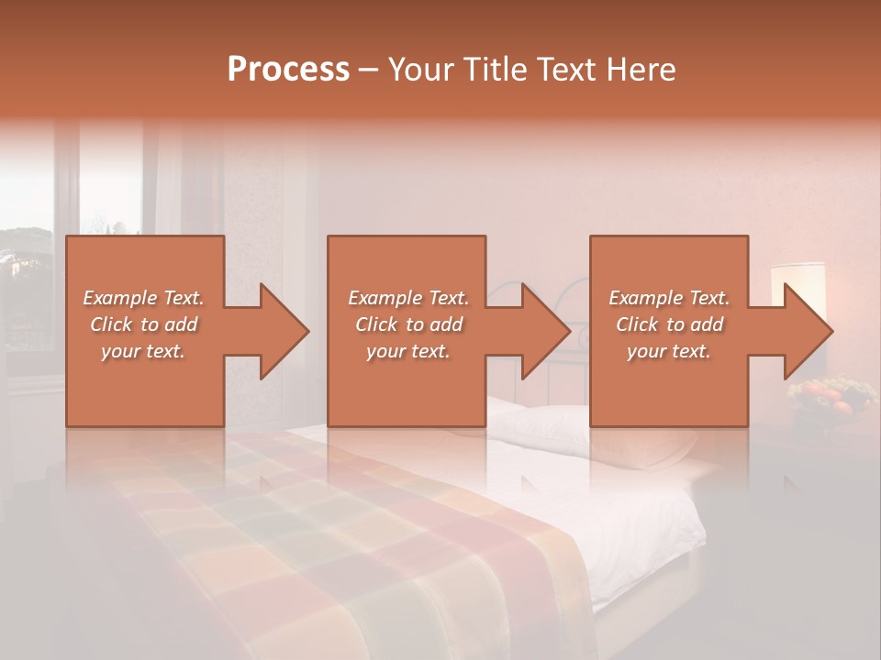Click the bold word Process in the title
click(288, 70)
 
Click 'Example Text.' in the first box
click(143, 298)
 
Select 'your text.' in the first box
click(143, 351)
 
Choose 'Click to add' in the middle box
click(408, 324)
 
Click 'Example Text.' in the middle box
click(408, 298)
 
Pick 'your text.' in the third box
click(669, 351)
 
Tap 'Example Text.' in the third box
click(669, 298)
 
